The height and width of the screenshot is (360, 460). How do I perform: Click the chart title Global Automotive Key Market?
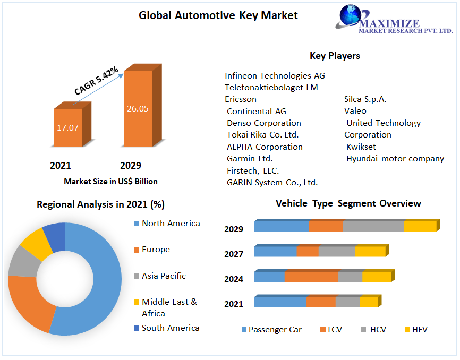coord(218,15)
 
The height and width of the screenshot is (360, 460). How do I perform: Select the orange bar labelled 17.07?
coord(68,127)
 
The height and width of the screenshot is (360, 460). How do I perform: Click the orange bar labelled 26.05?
coord(138,108)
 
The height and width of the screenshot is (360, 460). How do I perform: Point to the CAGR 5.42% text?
coord(96,81)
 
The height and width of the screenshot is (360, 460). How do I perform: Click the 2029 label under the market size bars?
coord(131,165)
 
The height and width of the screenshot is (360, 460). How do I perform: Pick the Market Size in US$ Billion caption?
coord(110,181)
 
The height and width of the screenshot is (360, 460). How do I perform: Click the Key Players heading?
coord(335,56)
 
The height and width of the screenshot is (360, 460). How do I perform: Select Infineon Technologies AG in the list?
coord(275,75)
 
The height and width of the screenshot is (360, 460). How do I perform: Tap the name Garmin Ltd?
coord(250,158)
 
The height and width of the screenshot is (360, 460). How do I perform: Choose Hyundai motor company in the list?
coord(395,158)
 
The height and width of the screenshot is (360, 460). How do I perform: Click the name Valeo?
coord(355,111)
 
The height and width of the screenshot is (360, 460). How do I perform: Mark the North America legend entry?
coord(171,224)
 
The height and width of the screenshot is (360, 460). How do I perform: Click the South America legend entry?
coord(170,328)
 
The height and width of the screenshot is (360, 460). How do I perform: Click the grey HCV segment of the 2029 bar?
coord(373,226)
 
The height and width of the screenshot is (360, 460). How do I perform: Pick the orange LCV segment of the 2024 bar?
coord(311,277)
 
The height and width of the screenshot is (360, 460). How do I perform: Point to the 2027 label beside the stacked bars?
coord(234,254)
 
